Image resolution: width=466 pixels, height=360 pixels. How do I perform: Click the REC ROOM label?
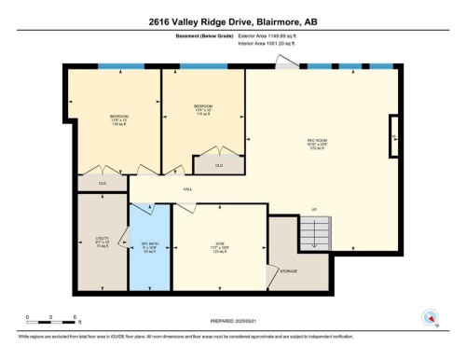tap(318, 145)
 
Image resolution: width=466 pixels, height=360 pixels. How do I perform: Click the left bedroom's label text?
tap(118, 118)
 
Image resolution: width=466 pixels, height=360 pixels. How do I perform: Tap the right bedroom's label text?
tap(204, 108)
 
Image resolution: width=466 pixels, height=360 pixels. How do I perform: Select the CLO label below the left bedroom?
tap(103, 183)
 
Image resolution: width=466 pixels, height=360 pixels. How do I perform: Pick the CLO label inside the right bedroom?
tap(219, 165)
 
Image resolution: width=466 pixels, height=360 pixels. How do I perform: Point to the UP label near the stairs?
tap(314, 208)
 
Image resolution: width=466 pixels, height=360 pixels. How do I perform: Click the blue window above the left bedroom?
tap(116, 66)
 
